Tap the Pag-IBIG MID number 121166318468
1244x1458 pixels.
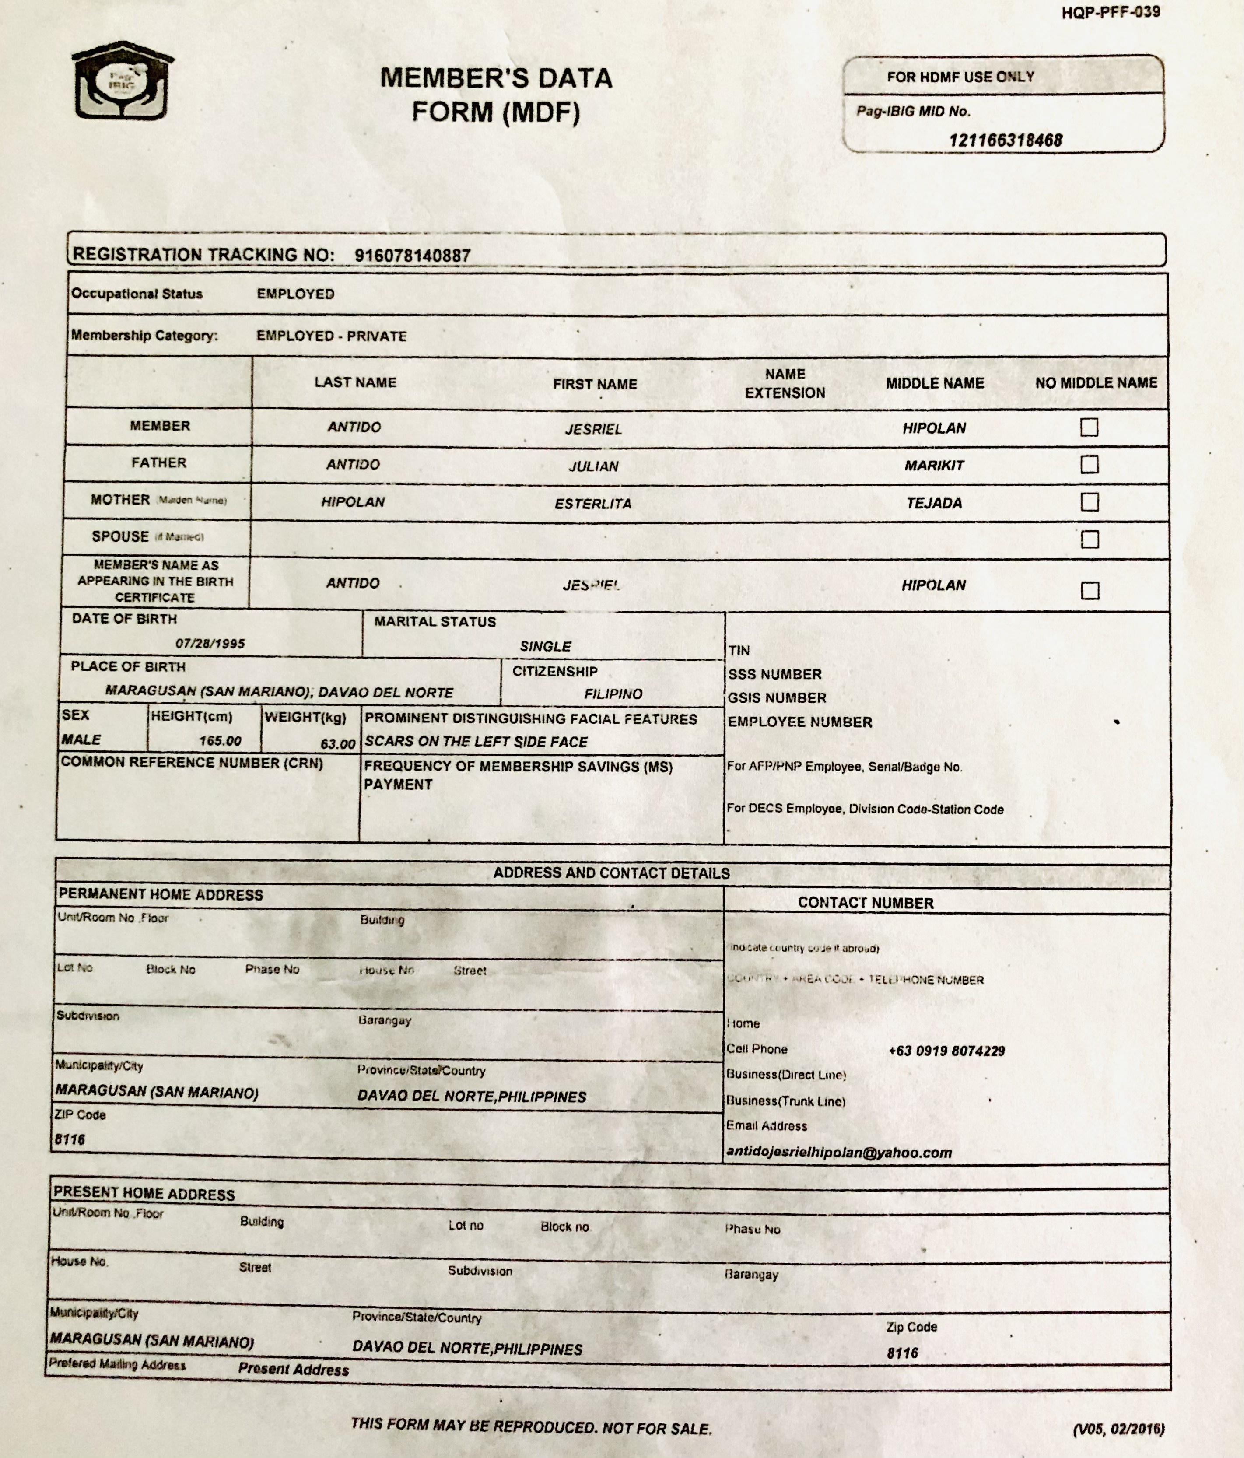[1005, 140]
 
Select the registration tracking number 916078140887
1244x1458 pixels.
[412, 256]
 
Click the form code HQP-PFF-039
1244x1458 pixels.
[1110, 12]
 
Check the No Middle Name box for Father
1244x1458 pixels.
[1089, 464]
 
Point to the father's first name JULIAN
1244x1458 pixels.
[594, 466]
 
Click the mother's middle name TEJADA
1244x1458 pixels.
[934, 503]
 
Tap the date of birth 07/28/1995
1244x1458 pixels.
[210, 643]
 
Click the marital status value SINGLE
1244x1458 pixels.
[545, 646]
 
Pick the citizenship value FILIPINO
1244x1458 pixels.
[613, 694]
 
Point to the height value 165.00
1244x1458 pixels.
[220, 741]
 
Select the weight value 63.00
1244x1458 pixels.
[338, 744]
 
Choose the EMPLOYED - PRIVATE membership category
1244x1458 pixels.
[331, 336]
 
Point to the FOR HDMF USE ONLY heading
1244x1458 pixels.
[960, 77]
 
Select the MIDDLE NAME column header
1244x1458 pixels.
[934, 383]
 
